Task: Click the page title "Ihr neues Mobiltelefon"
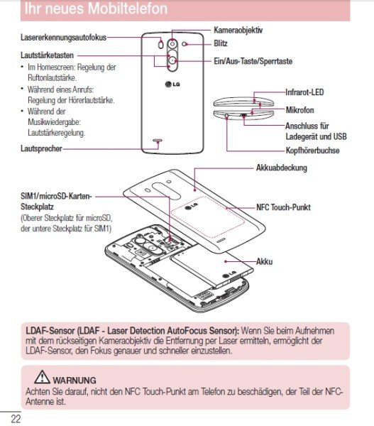point(96,8)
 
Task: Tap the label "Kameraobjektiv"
point(238,30)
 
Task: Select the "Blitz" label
point(221,43)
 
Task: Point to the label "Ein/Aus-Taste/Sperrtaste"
point(253,61)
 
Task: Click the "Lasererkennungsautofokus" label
point(64,38)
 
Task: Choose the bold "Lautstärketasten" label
point(48,55)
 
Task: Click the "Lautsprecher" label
point(42,148)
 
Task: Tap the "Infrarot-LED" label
point(304,92)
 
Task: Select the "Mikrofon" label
point(300,110)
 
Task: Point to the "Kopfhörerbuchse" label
point(313,151)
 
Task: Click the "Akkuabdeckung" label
point(281,168)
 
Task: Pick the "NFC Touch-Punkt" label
point(283,207)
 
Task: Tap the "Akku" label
point(264,261)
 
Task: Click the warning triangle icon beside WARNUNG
point(42,377)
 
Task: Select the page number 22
point(16,418)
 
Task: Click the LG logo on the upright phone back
point(172,84)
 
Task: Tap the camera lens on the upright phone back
point(172,44)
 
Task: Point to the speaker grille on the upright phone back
point(158,141)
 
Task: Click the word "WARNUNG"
point(75,380)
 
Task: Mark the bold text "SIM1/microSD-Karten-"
point(57,196)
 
